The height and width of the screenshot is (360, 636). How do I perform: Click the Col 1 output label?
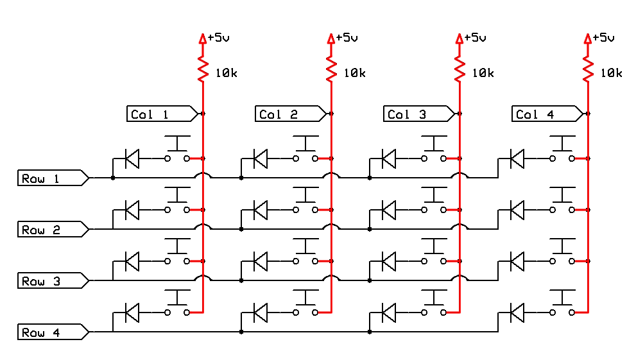(x=161, y=114)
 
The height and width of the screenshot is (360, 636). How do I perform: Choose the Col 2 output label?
(x=289, y=114)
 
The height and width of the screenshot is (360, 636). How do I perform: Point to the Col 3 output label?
(x=418, y=114)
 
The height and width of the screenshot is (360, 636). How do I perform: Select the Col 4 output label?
(x=546, y=114)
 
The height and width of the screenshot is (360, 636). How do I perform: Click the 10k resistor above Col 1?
(x=203, y=69)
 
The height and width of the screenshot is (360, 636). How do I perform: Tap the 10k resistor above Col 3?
(x=460, y=69)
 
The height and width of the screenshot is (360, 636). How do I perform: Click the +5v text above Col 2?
(x=347, y=38)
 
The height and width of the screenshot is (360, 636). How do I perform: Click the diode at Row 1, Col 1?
(x=132, y=158)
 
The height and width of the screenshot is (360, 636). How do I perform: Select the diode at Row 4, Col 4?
(x=517, y=313)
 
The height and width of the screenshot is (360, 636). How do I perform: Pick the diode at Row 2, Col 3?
(x=388, y=209)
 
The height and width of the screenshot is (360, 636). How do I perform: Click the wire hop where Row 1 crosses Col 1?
(x=203, y=175)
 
